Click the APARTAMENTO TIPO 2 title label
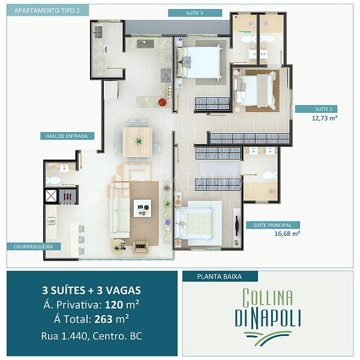[47, 11]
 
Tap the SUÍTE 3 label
[194, 13]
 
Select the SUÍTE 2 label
[323, 109]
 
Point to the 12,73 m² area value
[325, 118]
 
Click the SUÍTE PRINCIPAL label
[272, 225]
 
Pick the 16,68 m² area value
[287, 234]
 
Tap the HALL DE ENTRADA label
[67, 136]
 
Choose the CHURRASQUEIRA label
[33, 247]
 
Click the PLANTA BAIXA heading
[220, 277]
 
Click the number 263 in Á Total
[104, 319]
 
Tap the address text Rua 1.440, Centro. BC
[91, 336]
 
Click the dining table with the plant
[137, 142]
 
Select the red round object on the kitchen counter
[163, 102]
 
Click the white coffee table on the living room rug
[142, 208]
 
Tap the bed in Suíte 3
[199, 62]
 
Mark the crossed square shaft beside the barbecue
[51, 196]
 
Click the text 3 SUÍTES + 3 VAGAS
[91, 290]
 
